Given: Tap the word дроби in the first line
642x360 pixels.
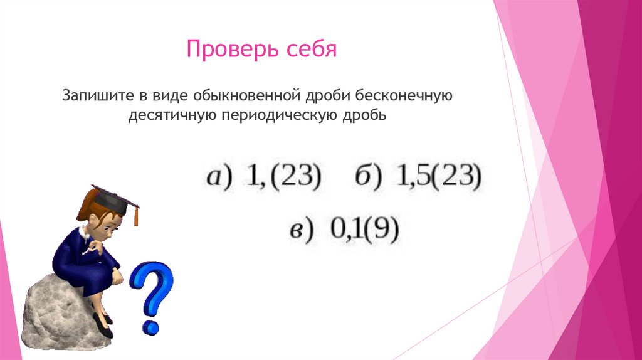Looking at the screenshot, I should click(x=329, y=97).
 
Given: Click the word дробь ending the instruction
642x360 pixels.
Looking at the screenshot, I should click(x=360, y=116).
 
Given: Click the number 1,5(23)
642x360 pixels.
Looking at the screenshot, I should click(x=439, y=177).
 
